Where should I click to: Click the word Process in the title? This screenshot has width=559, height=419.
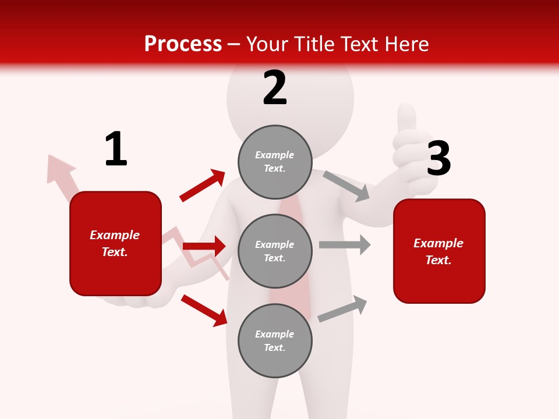click(x=183, y=44)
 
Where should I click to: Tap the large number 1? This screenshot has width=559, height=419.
click(x=116, y=149)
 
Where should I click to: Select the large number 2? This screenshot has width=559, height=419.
click(x=275, y=87)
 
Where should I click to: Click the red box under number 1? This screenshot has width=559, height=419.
click(x=115, y=243)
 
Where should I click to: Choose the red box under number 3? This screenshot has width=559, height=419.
click(x=439, y=251)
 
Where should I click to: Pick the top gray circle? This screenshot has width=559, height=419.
click(x=275, y=162)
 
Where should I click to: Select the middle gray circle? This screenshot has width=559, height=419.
click(x=275, y=251)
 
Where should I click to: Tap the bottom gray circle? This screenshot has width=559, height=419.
click(x=275, y=340)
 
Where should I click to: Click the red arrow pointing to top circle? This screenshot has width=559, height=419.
click(x=203, y=186)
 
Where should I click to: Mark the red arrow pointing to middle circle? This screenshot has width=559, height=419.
click(x=204, y=247)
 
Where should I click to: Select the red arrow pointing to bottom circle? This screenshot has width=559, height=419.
click(x=204, y=310)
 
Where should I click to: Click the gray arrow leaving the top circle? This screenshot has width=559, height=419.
click(x=346, y=186)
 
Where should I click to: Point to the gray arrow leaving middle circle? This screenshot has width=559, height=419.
click(x=345, y=245)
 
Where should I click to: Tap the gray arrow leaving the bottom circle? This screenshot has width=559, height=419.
click(x=343, y=309)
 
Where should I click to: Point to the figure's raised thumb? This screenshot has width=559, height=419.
click(x=406, y=119)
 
